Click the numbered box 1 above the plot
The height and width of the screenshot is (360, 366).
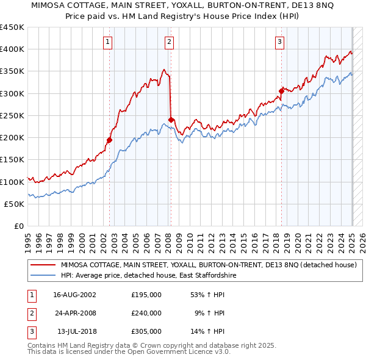click(107, 42)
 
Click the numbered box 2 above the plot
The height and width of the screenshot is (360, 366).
click(168, 42)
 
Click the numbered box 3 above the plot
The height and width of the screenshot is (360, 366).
click(279, 42)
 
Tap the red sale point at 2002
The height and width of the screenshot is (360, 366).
click(110, 140)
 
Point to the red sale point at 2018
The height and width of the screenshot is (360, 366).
click(282, 91)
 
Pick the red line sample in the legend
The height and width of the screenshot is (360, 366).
click(43, 265)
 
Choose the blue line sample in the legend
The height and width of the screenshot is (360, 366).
click(43, 276)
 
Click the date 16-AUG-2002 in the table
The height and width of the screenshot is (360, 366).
click(74, 295)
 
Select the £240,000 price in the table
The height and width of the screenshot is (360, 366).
click(146, 313)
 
